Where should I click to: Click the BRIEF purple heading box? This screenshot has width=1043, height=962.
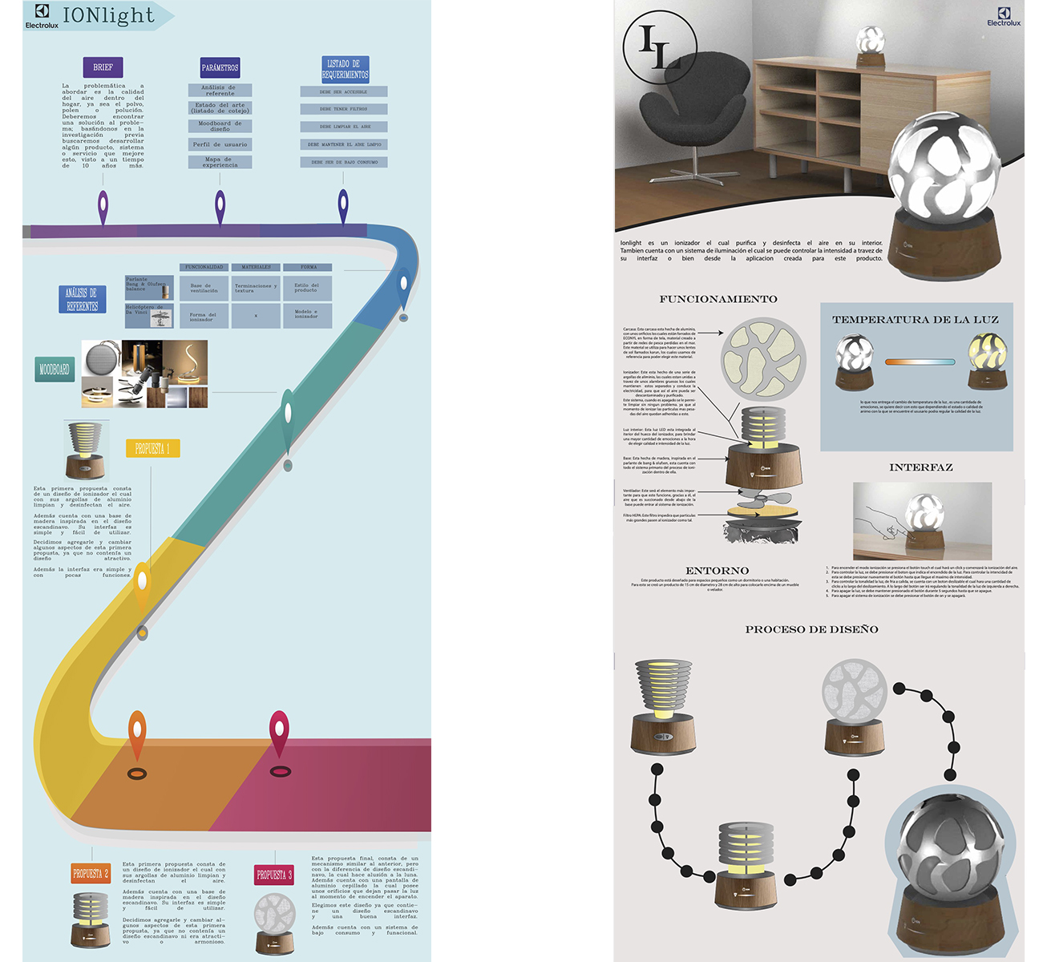click(103, 67)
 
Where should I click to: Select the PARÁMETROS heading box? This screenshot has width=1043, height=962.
click(220, 68)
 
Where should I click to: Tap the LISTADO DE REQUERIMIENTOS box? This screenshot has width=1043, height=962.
click(345, 69)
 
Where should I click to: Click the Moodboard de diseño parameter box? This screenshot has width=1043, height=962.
click(220, 126)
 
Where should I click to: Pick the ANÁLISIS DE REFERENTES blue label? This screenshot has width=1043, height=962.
click(82, 299)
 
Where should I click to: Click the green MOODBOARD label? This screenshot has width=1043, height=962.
click(54, 370)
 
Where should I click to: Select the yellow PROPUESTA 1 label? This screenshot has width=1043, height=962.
click(152, 448)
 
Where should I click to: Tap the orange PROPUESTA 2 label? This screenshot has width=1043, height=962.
click(91, 874)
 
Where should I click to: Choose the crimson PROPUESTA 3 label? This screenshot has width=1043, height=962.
click(274, 875)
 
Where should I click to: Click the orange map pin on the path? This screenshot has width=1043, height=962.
click(137, 734)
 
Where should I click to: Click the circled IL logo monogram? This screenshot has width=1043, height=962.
click(660, 47)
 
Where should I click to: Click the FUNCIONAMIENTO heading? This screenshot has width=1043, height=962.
click(718, 299)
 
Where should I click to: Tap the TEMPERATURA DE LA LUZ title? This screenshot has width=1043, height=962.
click(916, 319)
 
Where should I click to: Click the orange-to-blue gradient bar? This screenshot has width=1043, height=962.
click(920, 362)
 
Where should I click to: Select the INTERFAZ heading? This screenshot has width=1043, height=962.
click(920, 467)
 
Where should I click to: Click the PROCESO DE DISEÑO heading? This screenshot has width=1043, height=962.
click(811, 629)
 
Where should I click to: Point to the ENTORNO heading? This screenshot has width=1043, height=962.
click(717, 571)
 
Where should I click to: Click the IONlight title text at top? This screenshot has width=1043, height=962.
click(108, 15)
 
